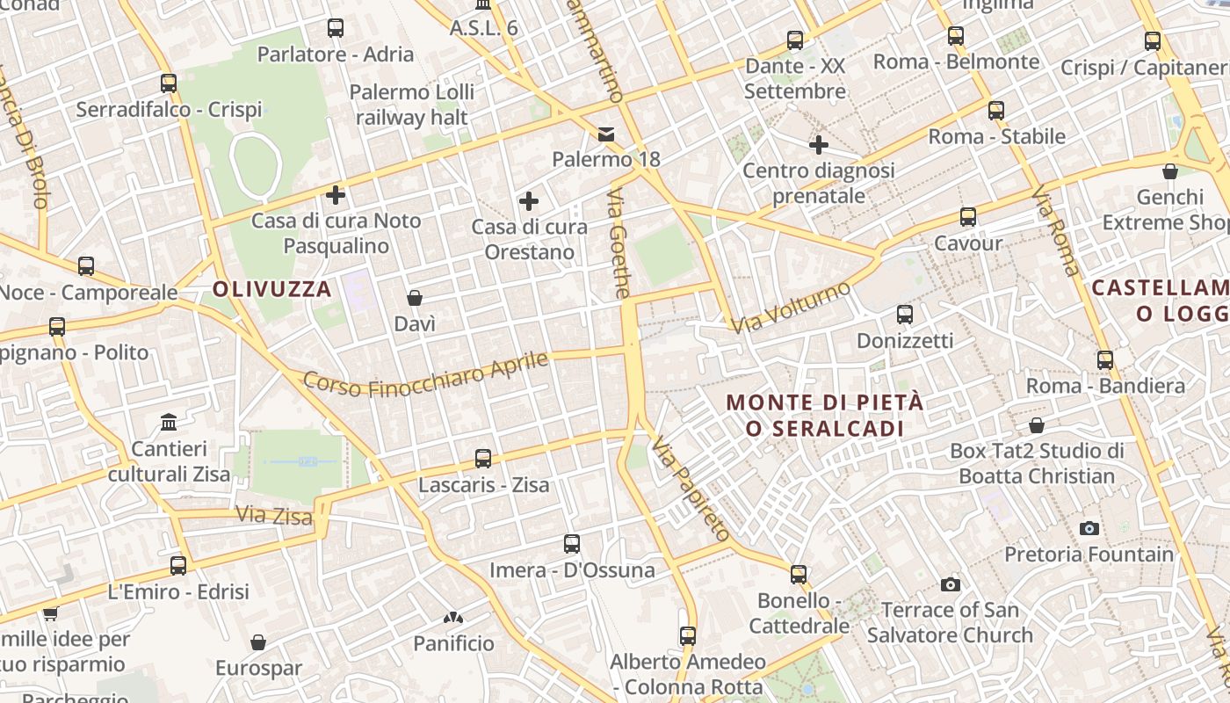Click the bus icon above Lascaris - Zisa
coord(483,458)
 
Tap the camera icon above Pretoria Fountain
coord(1089,528)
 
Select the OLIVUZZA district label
coord(272,289)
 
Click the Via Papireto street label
coord(691,489)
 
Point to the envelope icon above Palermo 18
coord(606,134)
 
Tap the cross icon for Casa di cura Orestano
coord(529,201)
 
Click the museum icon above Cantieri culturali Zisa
coord(169,423)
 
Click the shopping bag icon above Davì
coord(415,298)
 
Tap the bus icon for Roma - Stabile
coord(996,111)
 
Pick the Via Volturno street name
coord(792,308)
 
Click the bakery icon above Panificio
coord(453,619)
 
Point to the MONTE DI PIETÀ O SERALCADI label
coord(825,415)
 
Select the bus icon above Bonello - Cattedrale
coord(799,575)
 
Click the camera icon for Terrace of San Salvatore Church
coord(950,584)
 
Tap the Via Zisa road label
coord(274,515)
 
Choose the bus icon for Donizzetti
coord(905,315)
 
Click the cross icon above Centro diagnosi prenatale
coord(819,144)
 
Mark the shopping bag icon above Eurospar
coord(258,642)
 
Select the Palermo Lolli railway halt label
coord(412,104)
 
